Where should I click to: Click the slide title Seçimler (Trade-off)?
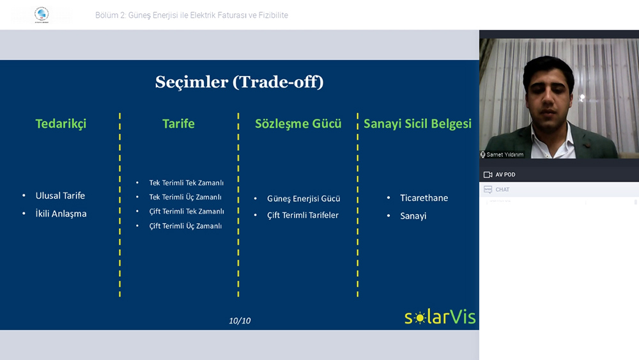click(x=239, y=82)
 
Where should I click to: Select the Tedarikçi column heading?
click(x=61, y=123)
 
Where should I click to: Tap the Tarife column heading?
click(x=178, y=123)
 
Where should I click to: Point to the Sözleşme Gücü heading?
click(x=298, y=124)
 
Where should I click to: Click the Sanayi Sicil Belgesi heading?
click(x=417, y=124)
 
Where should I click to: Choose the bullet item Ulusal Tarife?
click(x=60, y=196)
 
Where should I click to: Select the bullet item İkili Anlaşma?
click(x=61, y=214)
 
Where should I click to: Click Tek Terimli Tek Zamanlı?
click(x=186, y=183)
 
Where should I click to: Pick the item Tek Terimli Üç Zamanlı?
click(x=185, y=197)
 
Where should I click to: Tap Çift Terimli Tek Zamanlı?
click(x=187, y=211)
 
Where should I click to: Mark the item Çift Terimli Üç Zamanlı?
click(x=185, y=226)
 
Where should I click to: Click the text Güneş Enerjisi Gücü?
click(x=304, y=199)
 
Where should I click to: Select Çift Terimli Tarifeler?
click(x=303, y=215)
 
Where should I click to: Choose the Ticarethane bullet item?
click(x=424, y=198)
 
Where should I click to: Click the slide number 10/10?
click(x=240, y=321)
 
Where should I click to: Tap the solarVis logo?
click(x=440, y=317)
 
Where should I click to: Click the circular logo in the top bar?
click(x=42, y=14)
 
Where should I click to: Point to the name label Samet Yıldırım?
click(x=505, y=155)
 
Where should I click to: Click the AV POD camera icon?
click(x=488, y=175)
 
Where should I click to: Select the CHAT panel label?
click(x=502, y=189)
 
